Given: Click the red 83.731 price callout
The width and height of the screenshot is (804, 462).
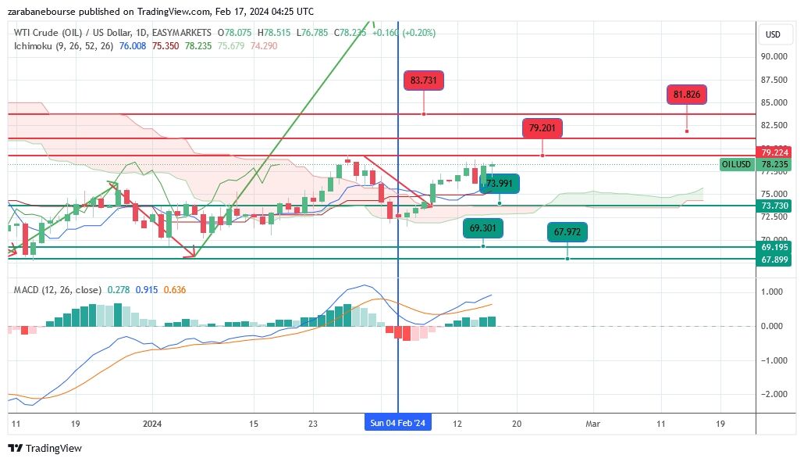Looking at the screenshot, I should pyautogui.click(x=423, y=80).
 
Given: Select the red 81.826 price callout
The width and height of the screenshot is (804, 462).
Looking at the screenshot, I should pyautogui.click(x=686, y=95).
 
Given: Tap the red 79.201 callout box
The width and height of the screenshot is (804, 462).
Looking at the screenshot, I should pyautogui.click(x=542, y=128).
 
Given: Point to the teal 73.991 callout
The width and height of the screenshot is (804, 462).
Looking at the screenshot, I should pyautogui.click(x=499, y=184).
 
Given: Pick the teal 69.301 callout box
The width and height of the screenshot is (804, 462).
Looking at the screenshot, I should pyautogui.click(x=482, y=228).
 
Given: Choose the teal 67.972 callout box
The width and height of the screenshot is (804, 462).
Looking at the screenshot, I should pyautogui.click(x=567, y=232).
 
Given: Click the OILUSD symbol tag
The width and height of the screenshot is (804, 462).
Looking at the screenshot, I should pyautogui.click(x=736, y=165).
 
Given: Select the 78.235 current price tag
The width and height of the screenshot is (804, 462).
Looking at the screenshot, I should pyautogui.click(x=776, y=165).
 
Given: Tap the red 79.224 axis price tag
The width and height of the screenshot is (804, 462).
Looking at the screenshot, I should pyautogui.click(x=776, y=152).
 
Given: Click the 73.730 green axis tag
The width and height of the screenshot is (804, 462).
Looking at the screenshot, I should pyautogui.click(x=776, y=206).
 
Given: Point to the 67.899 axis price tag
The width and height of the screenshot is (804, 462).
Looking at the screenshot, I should pyautogui.click(x=776, y=260).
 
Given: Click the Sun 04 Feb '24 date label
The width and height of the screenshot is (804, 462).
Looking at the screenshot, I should pyautogui.click(x=398, y=424).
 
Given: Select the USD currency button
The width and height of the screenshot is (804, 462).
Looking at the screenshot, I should pyautogui.click(x=773, y=34).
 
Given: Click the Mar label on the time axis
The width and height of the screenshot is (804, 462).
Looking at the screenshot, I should pyautogui.click(x=592, y=424).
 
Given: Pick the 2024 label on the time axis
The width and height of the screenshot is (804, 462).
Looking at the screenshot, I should pyautogui.click(x=152, y=424).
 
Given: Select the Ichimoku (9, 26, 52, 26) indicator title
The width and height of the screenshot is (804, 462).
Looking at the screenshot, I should pyautogui.click(x=62, y=46).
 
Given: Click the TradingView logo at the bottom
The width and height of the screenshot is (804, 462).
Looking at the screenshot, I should pyautogui.click(x=44, y=449).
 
